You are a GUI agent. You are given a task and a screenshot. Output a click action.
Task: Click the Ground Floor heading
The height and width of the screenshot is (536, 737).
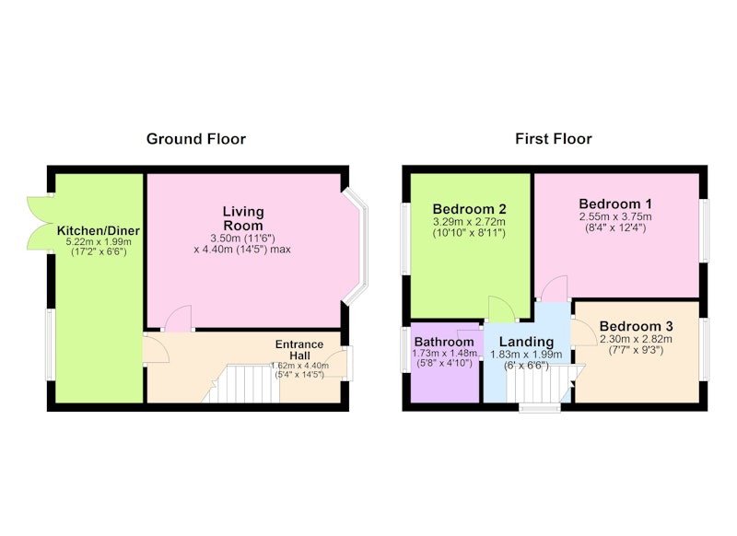click(196, 139)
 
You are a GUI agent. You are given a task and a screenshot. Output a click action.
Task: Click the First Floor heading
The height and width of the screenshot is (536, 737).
click(554, 139)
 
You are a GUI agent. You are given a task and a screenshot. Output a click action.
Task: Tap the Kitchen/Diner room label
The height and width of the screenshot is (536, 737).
click(99, 230)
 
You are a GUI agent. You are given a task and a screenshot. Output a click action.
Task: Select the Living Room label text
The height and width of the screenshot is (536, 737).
click(243, 218)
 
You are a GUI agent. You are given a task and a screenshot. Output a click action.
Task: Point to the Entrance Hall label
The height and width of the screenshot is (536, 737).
click(299, 350)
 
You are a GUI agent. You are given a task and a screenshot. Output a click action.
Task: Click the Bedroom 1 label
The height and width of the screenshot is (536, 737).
click(615, 204)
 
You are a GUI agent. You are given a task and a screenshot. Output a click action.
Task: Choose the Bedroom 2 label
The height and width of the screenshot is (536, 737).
click(469, 208)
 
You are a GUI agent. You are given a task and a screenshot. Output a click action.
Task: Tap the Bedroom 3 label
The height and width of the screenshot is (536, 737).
click(636, 326)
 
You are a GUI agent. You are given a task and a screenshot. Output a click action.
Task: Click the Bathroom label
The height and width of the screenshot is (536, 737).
click(444, 342)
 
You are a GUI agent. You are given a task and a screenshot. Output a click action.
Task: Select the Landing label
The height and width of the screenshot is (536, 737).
click(526, 342)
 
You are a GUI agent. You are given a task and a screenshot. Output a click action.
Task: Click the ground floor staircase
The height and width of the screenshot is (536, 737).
click(240, 384)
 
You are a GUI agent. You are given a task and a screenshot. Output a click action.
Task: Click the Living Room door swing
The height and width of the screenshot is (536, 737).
click(179, 319)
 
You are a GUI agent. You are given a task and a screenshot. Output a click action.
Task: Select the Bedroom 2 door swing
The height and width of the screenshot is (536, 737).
click(502, 309)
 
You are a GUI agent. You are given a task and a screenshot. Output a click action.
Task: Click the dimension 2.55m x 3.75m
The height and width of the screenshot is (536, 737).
click(615, 217)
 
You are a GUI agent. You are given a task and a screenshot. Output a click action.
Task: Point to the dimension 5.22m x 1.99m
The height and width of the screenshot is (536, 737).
click(99, 242)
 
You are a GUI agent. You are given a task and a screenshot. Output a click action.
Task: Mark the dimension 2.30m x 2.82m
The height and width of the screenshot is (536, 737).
click(636, 339)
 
